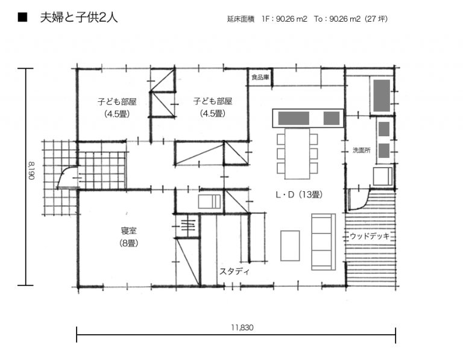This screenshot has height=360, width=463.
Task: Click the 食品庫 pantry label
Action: [x=260, y=77]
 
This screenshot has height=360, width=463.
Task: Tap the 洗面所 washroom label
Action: [x=362, y=150]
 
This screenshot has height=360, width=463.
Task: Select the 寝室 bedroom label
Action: [x=129, y=230]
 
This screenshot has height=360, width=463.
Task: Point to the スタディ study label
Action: [x=235, y=271]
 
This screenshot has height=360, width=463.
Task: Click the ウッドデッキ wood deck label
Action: [x=370, y=236]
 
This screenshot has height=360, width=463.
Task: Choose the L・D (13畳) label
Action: [x=299, y=195]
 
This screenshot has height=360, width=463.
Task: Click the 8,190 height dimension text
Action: [x=31, y=171]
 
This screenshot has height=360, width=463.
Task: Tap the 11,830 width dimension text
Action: [x=242, y=327]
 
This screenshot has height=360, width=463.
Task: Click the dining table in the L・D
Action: [x=297, y=154]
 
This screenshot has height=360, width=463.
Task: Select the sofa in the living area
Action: [x=324, y=242]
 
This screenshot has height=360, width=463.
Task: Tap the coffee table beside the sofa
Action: [x=290, y=245]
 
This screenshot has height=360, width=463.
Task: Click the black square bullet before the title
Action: [x=22, y=17]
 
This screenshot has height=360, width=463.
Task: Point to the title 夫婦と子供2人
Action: [x=79, y=17]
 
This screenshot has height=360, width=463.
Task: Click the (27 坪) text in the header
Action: [x=376, y=19]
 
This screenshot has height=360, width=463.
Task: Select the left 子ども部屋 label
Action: [x=117, y=102]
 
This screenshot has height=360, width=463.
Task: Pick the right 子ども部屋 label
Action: [x=213, y=101]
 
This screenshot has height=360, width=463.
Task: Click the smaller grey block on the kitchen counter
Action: [x=332, y=118]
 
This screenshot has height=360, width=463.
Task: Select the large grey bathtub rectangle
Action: [x=382, y=95]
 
